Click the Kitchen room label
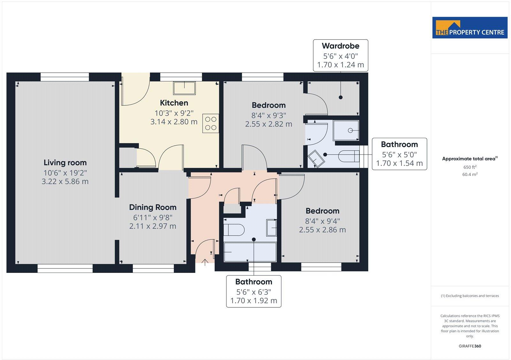[x=174, y=103]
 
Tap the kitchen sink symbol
[x=184, y=88]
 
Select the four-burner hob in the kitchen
[x=210, y=124]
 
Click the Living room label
[x=65, y=162]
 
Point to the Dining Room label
[x=153, y=207]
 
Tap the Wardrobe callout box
[x=340, y=55]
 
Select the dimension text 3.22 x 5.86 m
[x=65, y=181]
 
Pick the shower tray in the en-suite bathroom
[x=346, y=130]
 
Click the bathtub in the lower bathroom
[x=250, y=252]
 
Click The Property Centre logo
[x=470, y=28]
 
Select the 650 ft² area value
[x=470, y=167]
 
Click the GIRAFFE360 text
[x=470, y=346]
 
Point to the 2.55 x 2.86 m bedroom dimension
[x=322, y=229]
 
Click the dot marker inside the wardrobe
[x=340, y=97]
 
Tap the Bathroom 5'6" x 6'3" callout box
[x=254, y=291]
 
